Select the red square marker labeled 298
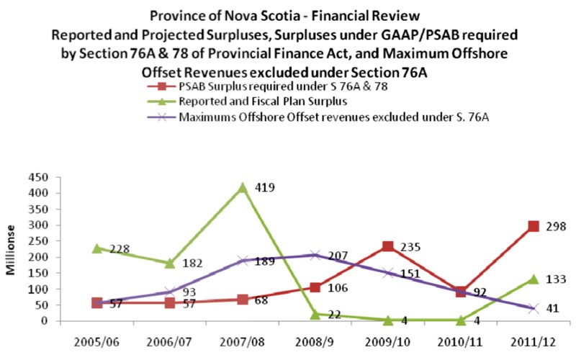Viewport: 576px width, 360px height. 534,226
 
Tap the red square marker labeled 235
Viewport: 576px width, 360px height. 388,246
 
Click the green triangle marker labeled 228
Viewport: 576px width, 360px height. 97,248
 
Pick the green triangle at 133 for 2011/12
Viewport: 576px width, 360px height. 534,279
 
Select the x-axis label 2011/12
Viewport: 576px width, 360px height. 534,336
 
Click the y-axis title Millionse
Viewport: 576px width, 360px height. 13,253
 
